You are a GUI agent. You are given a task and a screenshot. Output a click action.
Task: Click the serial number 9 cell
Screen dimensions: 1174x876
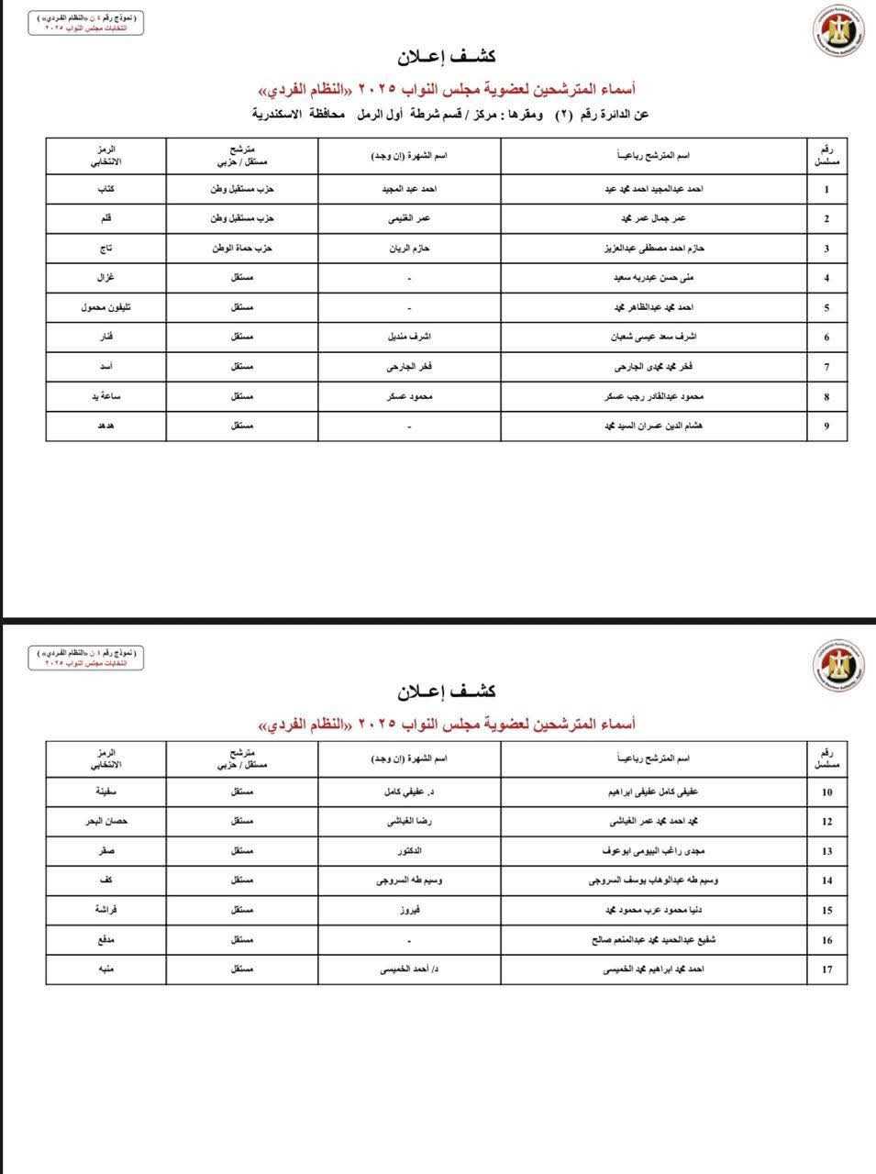point(827,426)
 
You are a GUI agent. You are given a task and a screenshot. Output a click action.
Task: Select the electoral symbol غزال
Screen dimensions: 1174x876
point(105,278)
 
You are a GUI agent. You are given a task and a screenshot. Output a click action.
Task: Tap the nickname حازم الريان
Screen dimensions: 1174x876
point(409,249)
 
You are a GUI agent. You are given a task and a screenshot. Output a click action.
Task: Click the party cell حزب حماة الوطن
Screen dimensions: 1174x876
point(242,249)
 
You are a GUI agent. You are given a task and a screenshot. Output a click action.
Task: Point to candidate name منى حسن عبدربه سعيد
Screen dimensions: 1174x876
point(652,278)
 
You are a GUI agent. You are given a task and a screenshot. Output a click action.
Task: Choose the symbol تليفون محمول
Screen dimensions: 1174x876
point(105,307)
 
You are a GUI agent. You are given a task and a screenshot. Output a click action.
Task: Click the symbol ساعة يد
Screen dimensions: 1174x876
point(105,397)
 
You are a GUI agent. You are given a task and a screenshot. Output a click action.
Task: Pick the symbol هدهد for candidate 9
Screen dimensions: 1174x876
point(105,426)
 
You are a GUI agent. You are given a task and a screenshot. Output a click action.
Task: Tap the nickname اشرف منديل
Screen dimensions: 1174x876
point(409,338)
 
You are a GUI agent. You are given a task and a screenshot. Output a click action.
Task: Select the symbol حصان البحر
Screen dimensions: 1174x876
point(105,822)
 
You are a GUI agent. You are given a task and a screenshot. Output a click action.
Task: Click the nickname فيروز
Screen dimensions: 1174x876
point(409,911)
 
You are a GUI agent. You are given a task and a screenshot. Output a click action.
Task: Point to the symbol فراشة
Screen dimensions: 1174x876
point(105,911)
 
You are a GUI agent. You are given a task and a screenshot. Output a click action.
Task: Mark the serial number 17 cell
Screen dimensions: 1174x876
point(827,969)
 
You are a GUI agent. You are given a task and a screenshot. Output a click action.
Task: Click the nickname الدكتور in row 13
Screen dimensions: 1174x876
point(409,851)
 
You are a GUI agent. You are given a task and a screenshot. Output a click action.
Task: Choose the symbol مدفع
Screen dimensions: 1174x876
point(105,940)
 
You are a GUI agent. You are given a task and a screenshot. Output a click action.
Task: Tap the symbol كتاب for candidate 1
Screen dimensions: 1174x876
point(105,189)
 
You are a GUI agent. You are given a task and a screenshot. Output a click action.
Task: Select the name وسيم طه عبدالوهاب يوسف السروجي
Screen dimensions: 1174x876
point(652,880)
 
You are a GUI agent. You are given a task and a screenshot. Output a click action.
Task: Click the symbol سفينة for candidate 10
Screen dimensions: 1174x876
point(105,792)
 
